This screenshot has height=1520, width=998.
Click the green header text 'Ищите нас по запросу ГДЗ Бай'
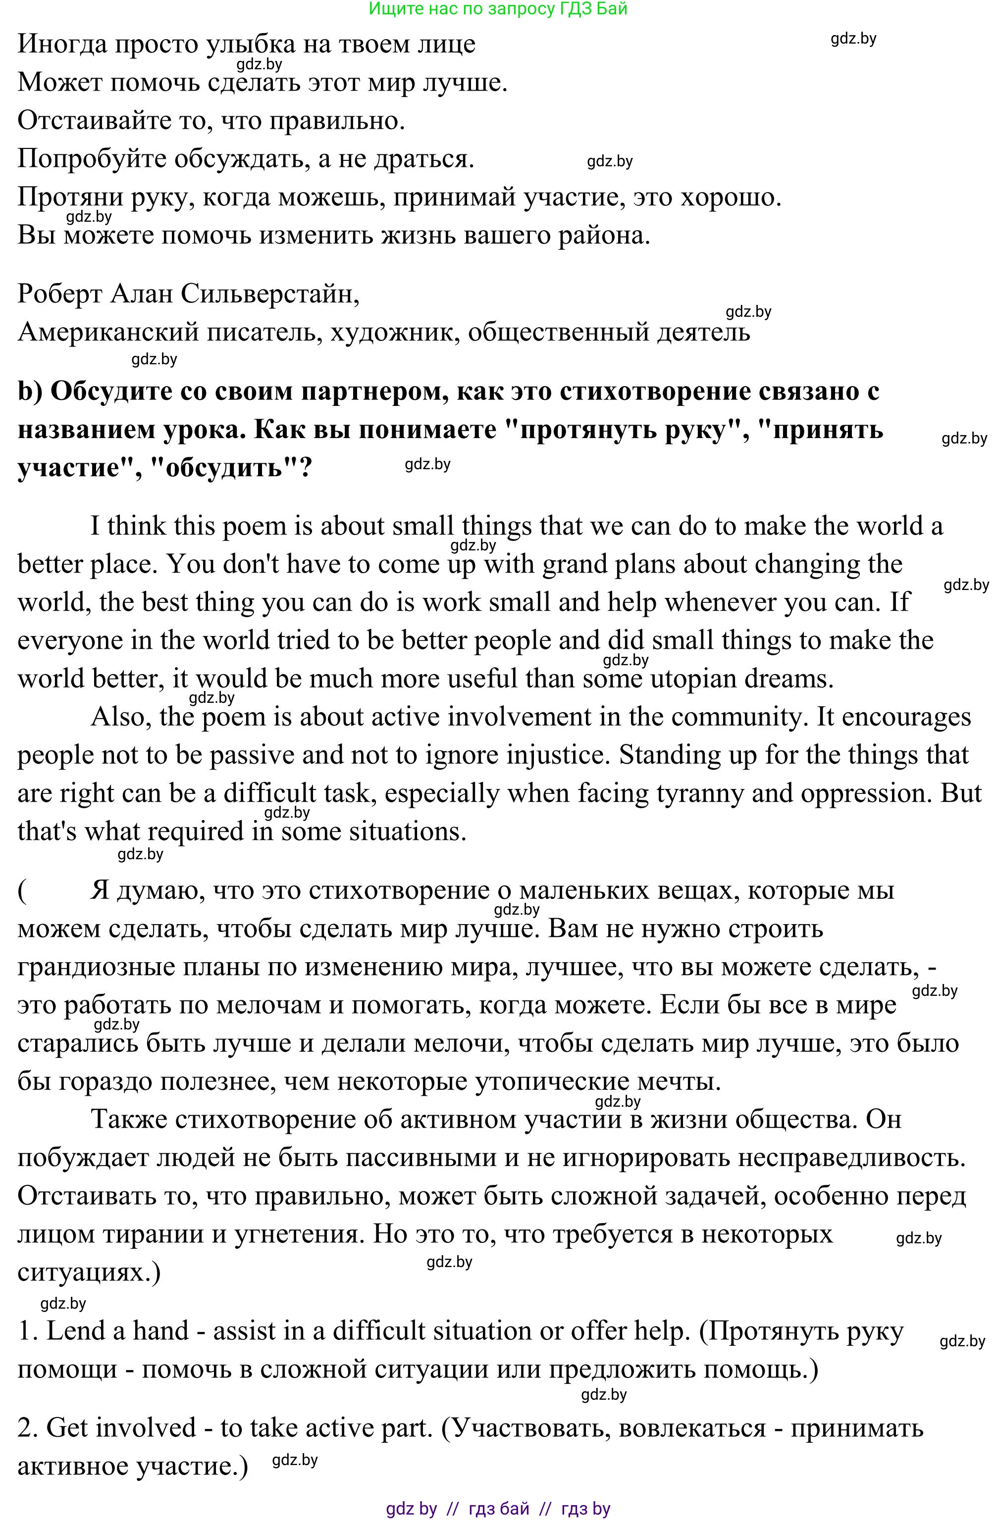pyautogui.click(x=498, y=9)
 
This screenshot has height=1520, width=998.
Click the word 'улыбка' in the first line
pyautogui.click(x=247, y=44)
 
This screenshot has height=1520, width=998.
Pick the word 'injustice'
pyautogui.click(x=555, y=755)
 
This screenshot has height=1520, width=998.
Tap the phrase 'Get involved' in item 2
pyautogui.click(x=121, y=1427)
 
